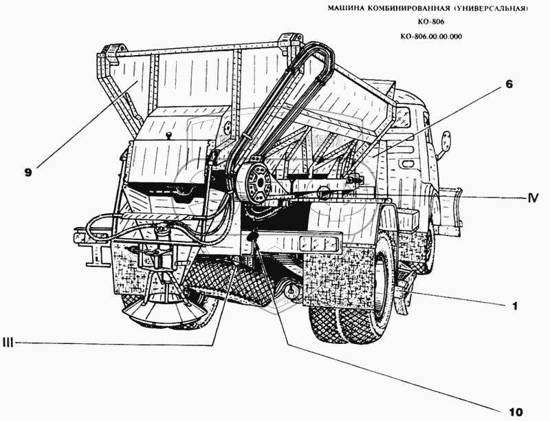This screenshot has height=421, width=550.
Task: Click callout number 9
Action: tap(28, 172)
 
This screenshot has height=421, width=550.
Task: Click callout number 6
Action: tap(509, 84)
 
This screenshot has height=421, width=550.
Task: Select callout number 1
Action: tap(514, 306)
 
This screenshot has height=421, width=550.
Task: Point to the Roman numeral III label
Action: tap(8, 343)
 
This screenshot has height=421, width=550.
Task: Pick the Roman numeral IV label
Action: tap(533, 198)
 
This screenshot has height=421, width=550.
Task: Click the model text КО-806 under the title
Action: tap(431, 22)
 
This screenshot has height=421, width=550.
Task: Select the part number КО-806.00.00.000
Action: tap(431, 36)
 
